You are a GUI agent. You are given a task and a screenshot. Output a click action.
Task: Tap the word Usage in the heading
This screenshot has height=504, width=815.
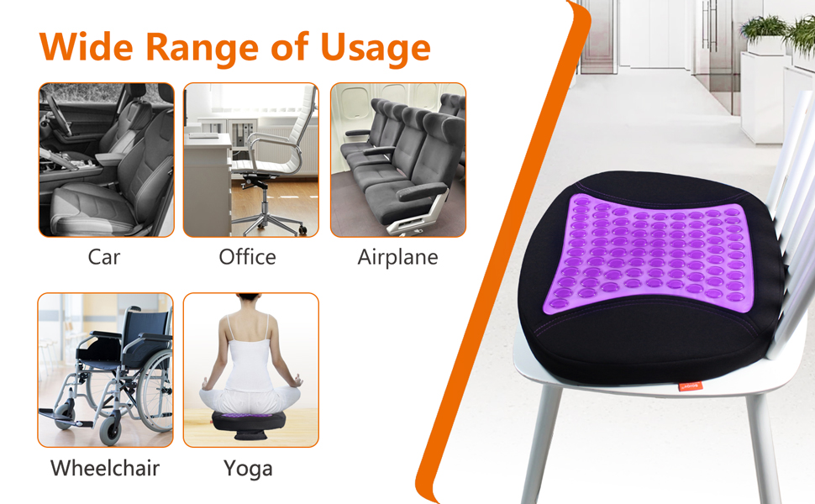376,50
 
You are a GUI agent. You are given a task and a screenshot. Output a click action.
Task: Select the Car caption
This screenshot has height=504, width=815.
104,257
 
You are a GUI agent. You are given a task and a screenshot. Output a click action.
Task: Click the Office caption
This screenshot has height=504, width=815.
247,257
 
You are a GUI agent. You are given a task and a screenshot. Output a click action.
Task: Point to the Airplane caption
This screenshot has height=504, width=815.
397,258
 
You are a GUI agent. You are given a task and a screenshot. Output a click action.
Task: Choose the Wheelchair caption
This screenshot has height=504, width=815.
105,468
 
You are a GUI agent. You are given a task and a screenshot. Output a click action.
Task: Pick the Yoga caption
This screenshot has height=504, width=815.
248,469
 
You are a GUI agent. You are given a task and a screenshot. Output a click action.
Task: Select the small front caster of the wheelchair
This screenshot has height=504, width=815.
111,429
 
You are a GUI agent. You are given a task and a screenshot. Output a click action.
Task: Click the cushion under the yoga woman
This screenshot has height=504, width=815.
250,423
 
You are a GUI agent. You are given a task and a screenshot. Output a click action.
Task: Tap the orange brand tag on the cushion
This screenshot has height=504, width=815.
691,386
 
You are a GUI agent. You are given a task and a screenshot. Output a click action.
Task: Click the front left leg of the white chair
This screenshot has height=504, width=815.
540,442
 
